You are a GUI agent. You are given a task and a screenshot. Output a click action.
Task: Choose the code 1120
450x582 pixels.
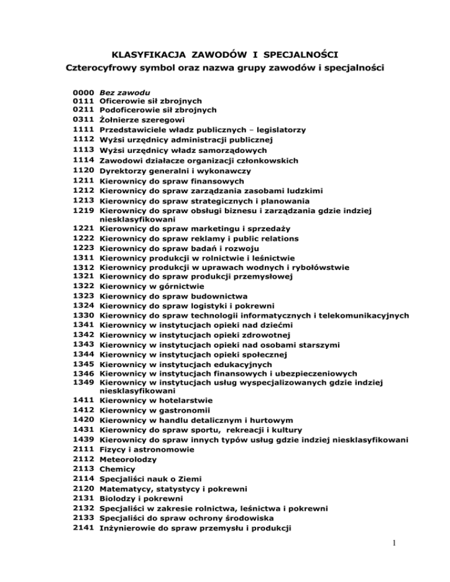[82, 171]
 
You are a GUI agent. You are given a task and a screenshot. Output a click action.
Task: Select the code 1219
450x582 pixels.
[82, 210]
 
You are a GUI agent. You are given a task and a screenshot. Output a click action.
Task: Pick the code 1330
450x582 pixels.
[82, 316]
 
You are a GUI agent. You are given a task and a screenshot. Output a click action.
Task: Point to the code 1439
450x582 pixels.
[82, 440]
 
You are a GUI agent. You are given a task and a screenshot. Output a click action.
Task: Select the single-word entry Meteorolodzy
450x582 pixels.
[127, 459]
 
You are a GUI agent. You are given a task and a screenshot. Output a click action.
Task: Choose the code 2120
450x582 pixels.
[82, 488]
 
